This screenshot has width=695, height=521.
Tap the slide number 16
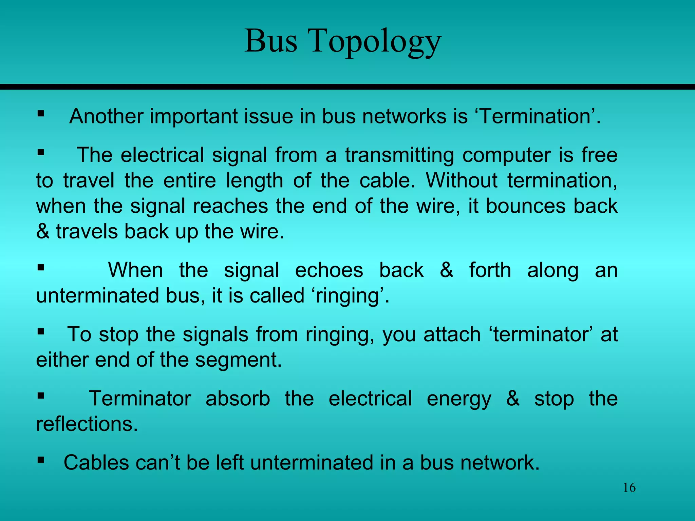click(629, 488)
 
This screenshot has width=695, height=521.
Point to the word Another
click(106, 116)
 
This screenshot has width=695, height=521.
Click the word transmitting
click(399, 155)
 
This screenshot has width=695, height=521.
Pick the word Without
click(462, 180)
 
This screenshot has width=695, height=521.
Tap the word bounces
click(526, 206)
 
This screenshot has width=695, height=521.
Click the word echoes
click(329, 270)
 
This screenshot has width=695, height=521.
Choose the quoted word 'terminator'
click(541, 334)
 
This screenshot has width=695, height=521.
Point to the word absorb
click(238, 399)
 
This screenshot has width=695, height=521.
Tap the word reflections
click(87, 424)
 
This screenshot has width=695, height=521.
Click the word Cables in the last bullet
click(96, 463)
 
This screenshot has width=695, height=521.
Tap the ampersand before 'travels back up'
click(43, 232)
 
